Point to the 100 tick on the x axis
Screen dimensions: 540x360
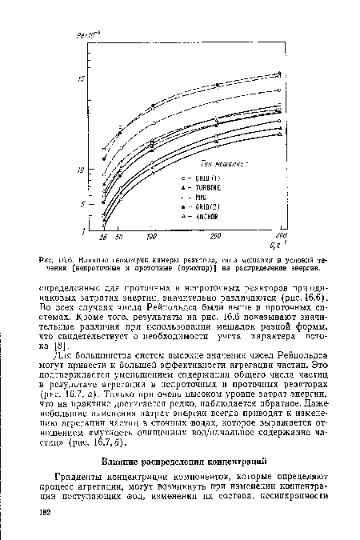[151, 238]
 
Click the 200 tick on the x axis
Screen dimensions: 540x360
[215, 238]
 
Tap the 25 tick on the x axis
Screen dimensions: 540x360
[103, 238]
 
